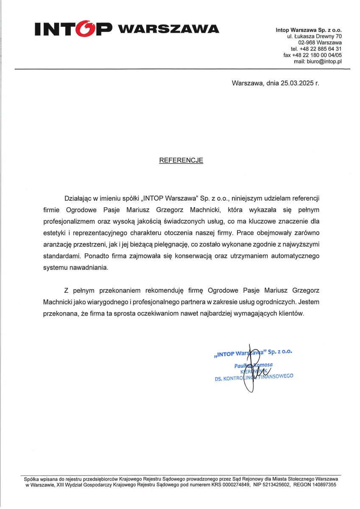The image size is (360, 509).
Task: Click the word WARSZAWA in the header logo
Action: tap(168, 29)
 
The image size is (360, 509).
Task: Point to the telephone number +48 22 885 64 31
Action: tap(319, 49)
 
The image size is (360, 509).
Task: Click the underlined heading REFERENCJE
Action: tap(181, 160)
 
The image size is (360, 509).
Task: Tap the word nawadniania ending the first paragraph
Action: tap(85, 268)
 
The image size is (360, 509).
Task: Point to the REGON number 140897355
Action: tap(323, 484)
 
